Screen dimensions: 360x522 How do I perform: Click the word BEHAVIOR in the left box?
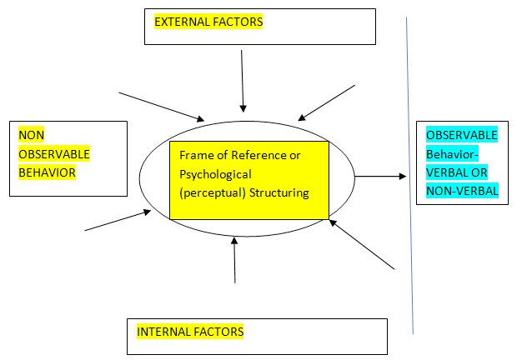click(x=47, y=172)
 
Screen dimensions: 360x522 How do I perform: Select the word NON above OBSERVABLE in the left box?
click(x=31, y=135)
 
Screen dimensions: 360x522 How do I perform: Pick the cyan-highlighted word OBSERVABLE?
click(x=461, y=135)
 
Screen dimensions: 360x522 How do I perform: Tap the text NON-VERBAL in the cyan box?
click(x=461, y=191)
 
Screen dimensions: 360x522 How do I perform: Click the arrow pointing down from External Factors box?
click(x=242, y=80)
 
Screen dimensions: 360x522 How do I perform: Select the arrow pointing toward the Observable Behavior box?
click(x=380, y=177)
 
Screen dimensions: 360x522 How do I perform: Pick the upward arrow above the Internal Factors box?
click(x=234, y=259)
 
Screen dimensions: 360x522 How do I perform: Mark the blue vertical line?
click(x=409, y=175)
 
